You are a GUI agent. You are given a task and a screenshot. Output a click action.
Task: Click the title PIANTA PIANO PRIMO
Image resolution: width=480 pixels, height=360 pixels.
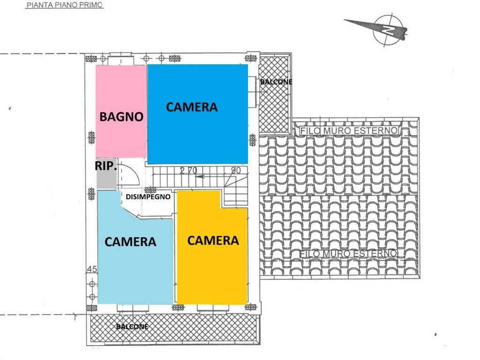click(x=64, y=5)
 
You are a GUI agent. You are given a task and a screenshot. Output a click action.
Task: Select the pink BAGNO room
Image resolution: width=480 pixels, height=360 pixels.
click(x=121, y=112)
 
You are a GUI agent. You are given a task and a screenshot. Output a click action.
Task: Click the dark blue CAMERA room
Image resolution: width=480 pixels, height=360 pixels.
click(x=197, y=114)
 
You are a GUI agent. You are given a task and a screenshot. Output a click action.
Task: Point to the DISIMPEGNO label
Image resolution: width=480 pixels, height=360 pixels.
click(x=148, y=196)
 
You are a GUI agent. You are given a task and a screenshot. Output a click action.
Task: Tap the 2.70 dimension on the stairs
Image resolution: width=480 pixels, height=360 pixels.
click(x=188, y=171)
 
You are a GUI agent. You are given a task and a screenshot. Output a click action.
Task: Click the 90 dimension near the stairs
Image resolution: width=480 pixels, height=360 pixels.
click(x=236, y=170)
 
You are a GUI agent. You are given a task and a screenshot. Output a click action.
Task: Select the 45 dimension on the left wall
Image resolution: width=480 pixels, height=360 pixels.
click(x=92, y=269)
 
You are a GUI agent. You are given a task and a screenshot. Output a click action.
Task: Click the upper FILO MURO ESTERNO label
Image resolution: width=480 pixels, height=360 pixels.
click(x=349, y=131)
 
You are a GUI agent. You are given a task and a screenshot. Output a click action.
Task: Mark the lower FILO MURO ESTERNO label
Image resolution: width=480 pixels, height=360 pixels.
click(x=348, y=254)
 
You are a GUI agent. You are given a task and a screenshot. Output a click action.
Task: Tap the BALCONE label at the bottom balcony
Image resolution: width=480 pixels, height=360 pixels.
click(x=132, y=327)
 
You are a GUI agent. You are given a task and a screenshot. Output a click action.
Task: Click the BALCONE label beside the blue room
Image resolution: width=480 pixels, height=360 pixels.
click(x=276, y=82)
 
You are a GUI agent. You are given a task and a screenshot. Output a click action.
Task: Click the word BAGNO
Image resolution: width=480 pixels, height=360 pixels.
click(x=121, y=116)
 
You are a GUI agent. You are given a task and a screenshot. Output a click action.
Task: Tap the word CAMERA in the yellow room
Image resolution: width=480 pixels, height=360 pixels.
click(x=213, y=240)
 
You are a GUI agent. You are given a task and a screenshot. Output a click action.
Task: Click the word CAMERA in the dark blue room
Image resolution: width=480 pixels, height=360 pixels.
click(x=192, y=107)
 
